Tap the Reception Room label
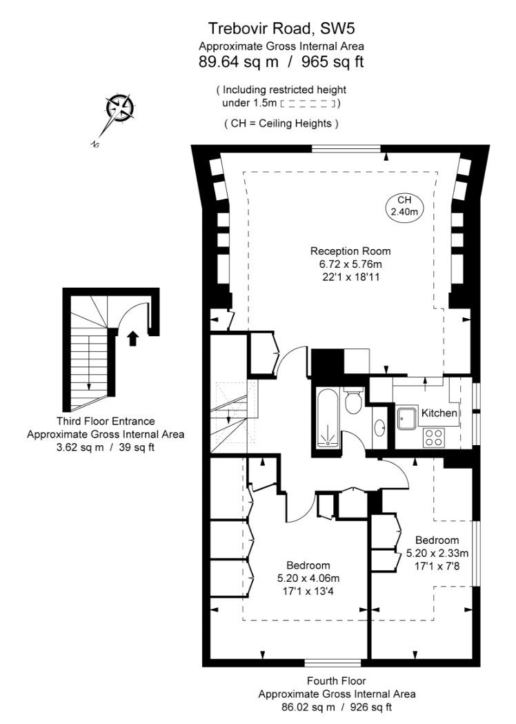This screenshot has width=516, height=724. point(350,251)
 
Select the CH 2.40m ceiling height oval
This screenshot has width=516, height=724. point(404,206)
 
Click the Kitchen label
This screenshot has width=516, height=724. point(439,413)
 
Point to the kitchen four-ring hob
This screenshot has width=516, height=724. point(434,437)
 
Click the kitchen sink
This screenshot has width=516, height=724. point(407,418)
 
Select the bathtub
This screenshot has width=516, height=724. point(328,418)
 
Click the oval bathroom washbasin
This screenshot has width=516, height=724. point(380,428)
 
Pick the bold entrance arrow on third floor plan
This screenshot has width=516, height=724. point(133,338)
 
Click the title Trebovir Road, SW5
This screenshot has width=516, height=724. point(281,28)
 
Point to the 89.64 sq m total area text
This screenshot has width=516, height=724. point(239,62)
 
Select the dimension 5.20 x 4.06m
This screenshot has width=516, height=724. point(308,578)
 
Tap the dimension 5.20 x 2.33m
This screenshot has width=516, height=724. point(437,553)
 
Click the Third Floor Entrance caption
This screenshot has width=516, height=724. point(106,421)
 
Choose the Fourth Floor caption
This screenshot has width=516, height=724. point(337,681)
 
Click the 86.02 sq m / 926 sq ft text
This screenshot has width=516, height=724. point(337,707)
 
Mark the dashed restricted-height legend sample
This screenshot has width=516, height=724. point(308,104)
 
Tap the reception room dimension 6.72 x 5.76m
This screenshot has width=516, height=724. point(350,264)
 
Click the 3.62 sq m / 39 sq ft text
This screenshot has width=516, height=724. point(106,447)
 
